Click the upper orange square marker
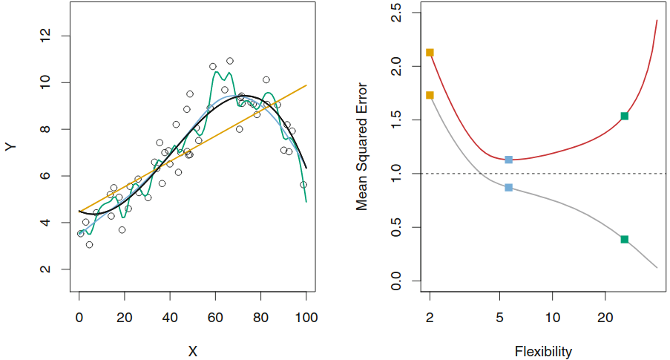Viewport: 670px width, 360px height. (430, 53)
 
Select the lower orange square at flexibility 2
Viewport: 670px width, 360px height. (430, 95)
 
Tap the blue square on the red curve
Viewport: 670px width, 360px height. (508, 160)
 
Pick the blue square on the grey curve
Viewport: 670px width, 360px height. (508, 188)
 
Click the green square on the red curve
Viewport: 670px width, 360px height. (624, 116)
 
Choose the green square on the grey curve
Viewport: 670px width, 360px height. (624, 239)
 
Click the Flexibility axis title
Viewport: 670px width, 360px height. (542, 350)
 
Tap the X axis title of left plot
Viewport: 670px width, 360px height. (192, 350)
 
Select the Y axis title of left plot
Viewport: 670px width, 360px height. (10, 147)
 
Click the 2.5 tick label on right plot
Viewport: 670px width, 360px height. (395, 13)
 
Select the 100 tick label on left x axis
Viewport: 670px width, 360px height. (306, 317)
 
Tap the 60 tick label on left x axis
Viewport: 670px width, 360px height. (215, 317)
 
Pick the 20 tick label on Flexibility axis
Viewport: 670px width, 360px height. (605, 317)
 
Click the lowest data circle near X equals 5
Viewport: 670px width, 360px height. (89, 244)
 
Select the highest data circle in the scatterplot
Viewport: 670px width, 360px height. (230, 61)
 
